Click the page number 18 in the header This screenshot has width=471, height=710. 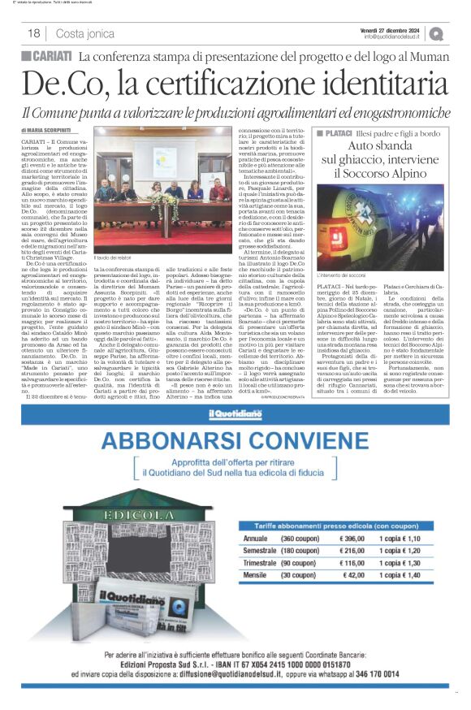(34, 33)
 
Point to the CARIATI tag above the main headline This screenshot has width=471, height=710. (48, 56)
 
